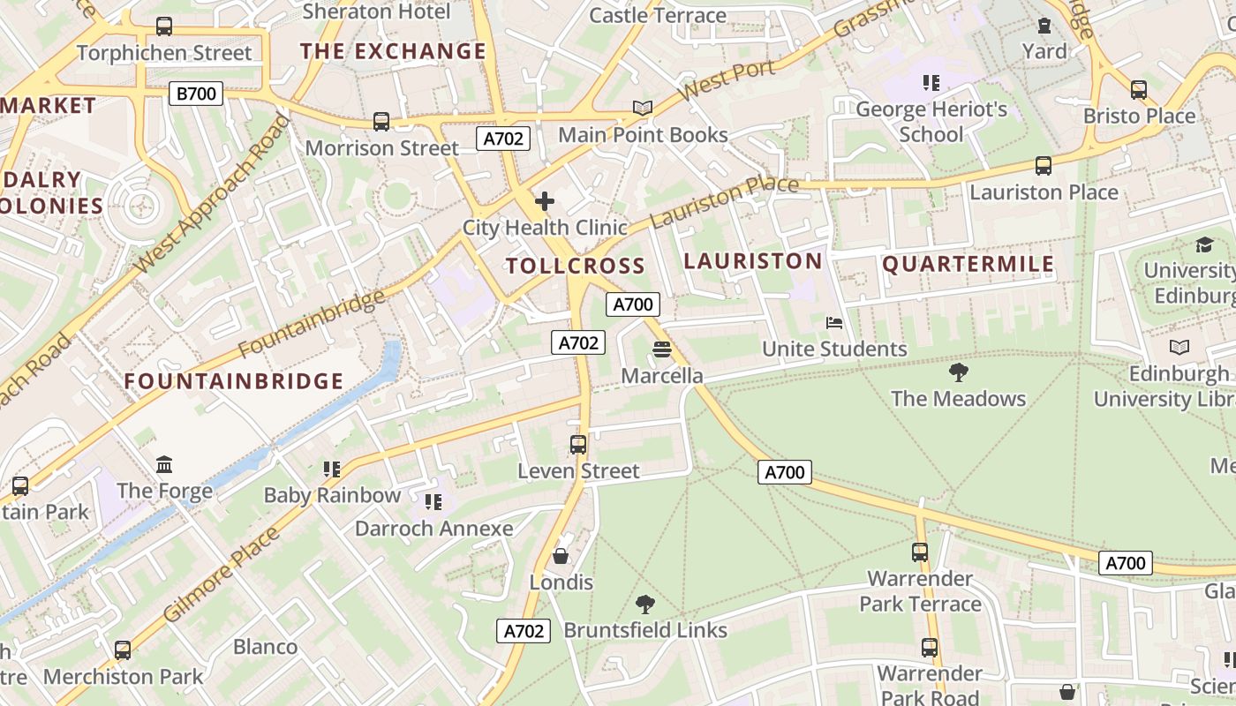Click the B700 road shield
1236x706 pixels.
pyautogui.click(x=196, y=94)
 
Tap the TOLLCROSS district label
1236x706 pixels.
pyautogui.click(x=575, y=266)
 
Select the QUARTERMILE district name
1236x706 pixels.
pyautogui.click(x=968, y=264)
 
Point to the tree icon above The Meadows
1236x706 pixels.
pyautogui.click(x=958, y=372)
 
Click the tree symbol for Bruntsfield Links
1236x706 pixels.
pyautogui.click(x=645, y=605)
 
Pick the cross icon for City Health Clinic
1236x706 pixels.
pyautogui.click(x=545, y=201)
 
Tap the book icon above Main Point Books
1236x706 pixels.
pyautogui.click(x=643, y=109)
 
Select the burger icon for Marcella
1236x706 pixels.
pyautogui.click(x=662, y=350)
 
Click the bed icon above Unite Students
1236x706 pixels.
pyautogui.click(x=834, y=323)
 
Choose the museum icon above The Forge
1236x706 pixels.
pyautogui.click(x=164, y=464)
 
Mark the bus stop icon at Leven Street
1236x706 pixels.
pyautogui.click(x=578, y=445)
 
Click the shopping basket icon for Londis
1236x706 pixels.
pyautogui.click(x=561, y=556)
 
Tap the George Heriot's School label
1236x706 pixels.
pyautogui.click(x=931, y=122)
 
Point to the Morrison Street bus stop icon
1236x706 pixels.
pyautogui.click(x=381, y=122)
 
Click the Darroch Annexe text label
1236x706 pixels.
pyautogui.click(x=433, y=529)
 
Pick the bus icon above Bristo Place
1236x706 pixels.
pyautogui.click(x=1139, y=90)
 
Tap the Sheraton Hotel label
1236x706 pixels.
pyautogui.click(x=376, y=11)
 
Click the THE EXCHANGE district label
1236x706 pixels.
pyautogui.click(x=393, y=51)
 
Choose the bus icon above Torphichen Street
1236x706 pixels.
pyautogui.click(x=164, y=26)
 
